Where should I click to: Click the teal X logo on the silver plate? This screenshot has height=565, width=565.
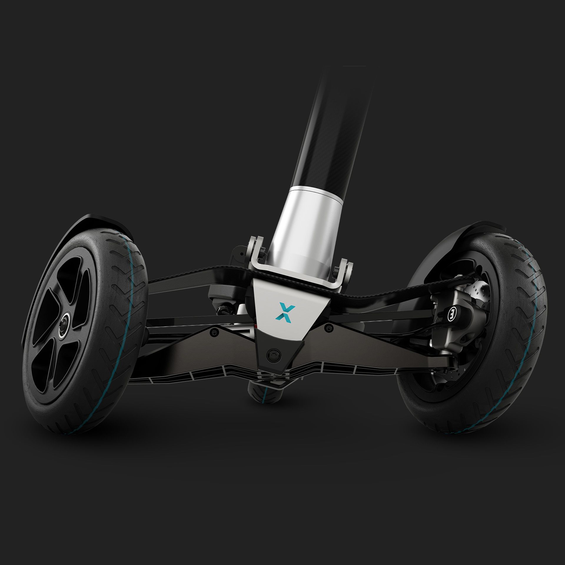point(282,312)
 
